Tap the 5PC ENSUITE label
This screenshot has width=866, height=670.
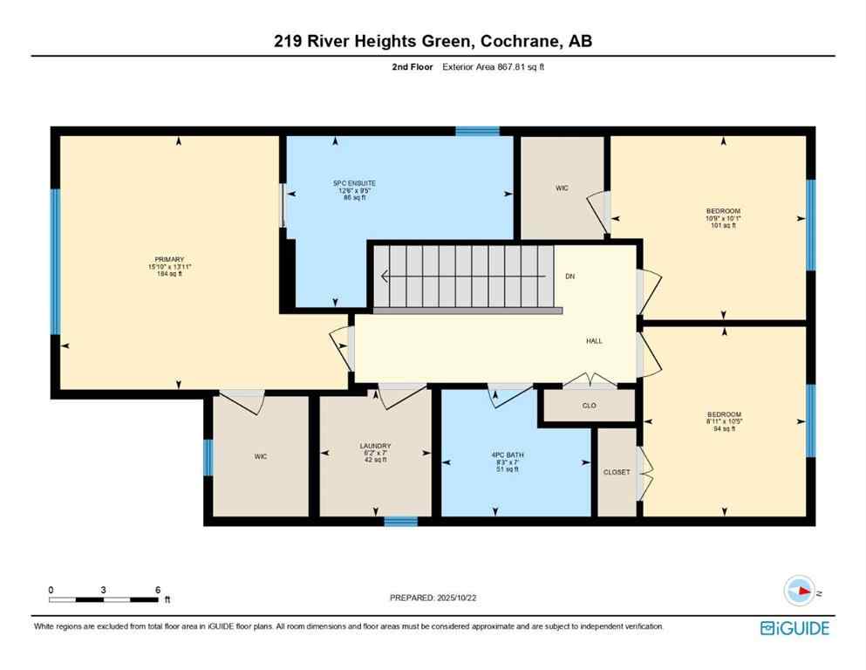(354, 190)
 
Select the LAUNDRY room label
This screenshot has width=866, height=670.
(376, 451)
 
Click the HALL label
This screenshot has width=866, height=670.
(594, 341)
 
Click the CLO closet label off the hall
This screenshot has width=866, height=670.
(588, 405)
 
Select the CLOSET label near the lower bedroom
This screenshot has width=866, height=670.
(617, 472)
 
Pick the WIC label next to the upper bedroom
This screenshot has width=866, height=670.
(563, 188)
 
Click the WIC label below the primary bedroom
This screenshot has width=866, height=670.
(260, 455)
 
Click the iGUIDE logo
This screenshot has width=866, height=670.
(794, 628)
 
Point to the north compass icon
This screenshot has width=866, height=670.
(798, 591)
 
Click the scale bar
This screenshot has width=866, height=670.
(105, 599)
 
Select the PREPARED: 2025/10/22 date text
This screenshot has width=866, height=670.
(433, 598)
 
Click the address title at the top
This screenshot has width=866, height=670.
(433, 40)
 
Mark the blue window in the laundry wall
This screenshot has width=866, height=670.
(401, 522)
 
